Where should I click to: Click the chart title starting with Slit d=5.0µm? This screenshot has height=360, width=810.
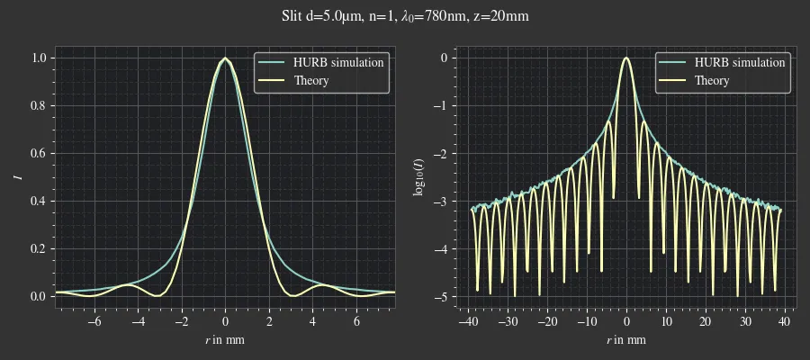(x=404, y=15)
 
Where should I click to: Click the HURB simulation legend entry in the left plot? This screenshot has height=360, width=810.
(x=332, y=62)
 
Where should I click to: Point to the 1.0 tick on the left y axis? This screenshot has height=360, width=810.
(x=39, y=58)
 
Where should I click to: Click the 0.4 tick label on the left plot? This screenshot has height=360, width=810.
(x=39, y=201)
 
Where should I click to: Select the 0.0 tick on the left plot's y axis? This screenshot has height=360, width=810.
(x=39, y=296)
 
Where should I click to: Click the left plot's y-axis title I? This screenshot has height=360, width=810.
(x=17, y=176)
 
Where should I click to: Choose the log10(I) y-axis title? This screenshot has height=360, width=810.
(x=419, y=176)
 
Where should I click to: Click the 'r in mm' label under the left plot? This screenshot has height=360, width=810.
(x=225, y=340)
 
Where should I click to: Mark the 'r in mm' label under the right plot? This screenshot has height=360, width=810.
(x=626, y=340)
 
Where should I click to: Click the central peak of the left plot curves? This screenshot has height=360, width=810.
(x=225, y=59)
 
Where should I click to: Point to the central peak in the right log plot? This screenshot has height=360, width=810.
(x=626, y=59)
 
